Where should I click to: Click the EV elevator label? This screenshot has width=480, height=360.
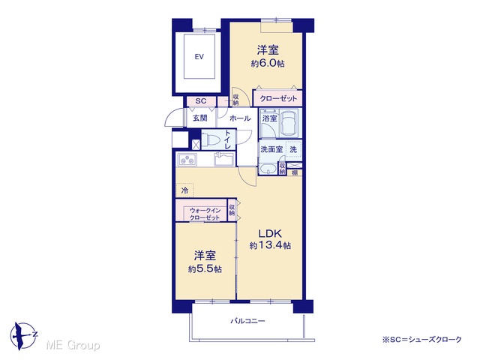[199, 57]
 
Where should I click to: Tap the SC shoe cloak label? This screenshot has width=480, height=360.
[201, 101]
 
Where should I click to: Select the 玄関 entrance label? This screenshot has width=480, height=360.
[200, 118]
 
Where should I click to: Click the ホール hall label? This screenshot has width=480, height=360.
[240, 118]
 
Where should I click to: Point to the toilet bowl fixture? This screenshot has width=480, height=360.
[211, 140]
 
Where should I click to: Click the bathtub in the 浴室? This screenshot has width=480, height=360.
[288, 123]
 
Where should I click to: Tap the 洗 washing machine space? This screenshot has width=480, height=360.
[293, 150]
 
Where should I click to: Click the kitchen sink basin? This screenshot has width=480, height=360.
[223, 159]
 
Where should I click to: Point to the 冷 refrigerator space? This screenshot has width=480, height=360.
[184, 190]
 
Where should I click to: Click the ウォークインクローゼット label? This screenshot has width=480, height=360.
[205, 214]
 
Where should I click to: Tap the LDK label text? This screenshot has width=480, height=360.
[270, 234]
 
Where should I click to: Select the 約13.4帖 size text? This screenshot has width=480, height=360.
[270, 245]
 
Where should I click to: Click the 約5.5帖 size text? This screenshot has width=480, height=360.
[205, 269]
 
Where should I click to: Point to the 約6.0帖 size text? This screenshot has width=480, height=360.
[268, 63]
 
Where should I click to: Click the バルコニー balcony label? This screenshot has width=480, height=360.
[247, 321]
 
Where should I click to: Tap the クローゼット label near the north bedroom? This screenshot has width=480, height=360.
[278, 98]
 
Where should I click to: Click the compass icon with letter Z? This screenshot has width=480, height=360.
[23, 336]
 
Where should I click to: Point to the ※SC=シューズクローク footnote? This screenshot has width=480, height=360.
[421, 340]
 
